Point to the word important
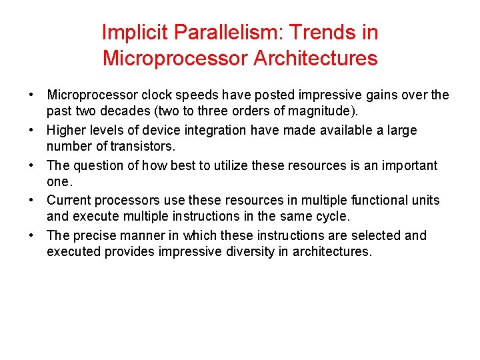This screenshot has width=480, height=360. pos(408,165)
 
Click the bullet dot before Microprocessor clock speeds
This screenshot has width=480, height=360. pos(31,95)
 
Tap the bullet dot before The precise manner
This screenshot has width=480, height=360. pos(31,235)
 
